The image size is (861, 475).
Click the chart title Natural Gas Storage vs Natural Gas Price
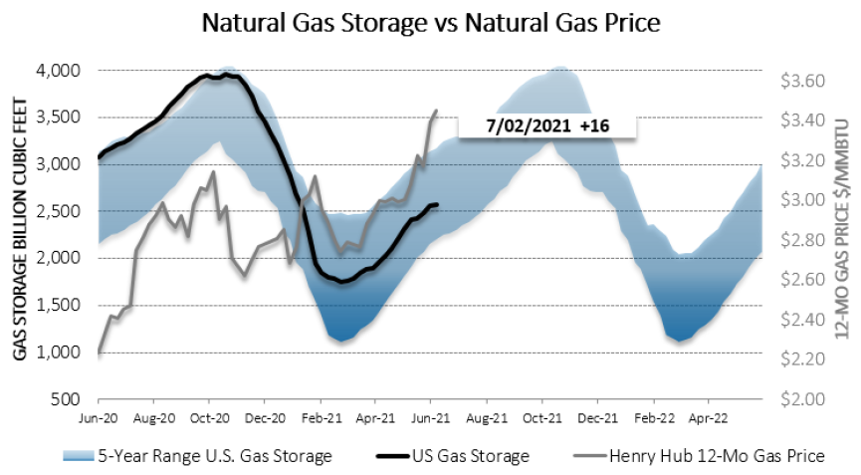(x=430, y=21)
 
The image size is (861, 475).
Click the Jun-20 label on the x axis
(x=100, y=419)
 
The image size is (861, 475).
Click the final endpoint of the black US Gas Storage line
(x=439, y=205)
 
